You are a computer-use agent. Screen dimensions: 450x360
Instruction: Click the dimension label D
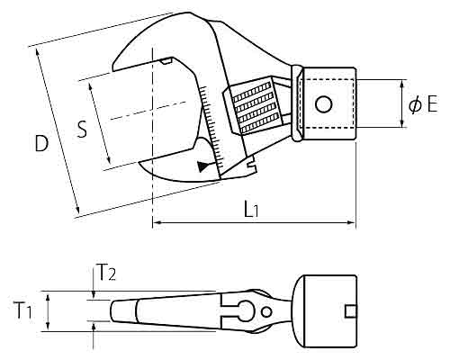click(41, 143)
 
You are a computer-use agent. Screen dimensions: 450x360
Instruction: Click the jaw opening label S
click(82, 129)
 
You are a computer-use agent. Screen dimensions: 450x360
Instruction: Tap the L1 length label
click(251, 209)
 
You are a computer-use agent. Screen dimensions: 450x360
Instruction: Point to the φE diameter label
click(423, 104)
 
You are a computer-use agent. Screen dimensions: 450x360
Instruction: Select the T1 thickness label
click(23, 310)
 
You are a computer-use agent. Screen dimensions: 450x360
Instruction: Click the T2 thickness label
click(107, 273)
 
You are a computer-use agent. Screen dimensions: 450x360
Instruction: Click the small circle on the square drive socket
click(324, 104)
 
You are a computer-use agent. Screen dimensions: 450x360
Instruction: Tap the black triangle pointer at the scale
click(202, 166)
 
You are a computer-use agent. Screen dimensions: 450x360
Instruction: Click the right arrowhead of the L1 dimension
click(351, 222)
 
